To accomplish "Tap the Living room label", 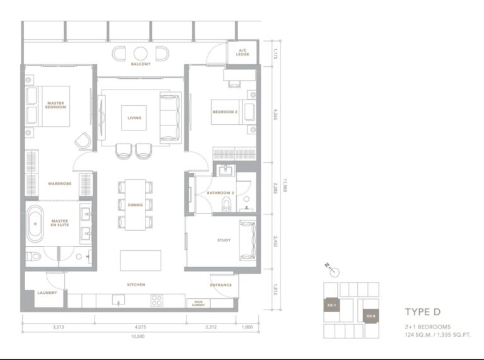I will coord(134,118).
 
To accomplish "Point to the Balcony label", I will coord(140,64).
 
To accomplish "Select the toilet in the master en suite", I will coord(35,257).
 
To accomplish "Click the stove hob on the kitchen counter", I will coord(157,300).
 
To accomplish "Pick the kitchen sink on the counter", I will coord(118,299).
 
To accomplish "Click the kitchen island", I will coord(140,260).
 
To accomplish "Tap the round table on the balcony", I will coord(140,54).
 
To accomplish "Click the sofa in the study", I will coord(246,240).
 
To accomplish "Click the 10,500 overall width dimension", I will coord(140,336).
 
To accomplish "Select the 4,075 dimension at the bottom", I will coord(140,327).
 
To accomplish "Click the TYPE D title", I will coord(423,312).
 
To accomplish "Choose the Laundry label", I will coord(47,293).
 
